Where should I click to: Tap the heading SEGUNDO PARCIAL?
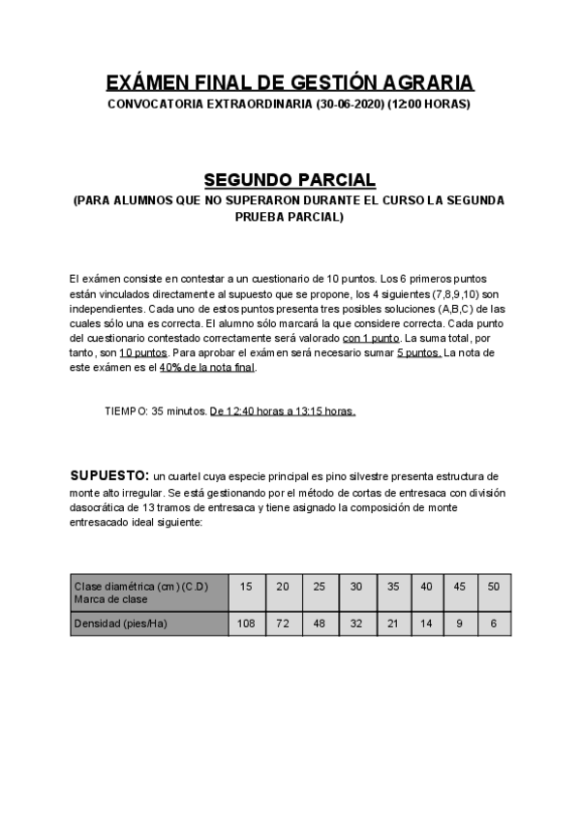(x=290, y=180)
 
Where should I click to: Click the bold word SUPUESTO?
(x=109, y=476)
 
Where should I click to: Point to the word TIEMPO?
(x=125, y=410)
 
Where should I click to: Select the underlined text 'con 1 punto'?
(x=371, y=338)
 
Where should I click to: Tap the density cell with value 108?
(x=246, y=623)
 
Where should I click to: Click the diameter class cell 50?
(x=494, y=587)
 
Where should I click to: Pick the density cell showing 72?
(x=283, y=623)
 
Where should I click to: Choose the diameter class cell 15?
(x=246, y=587)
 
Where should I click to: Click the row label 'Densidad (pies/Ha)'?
(x=121, y=623)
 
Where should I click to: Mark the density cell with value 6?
(x=494, y=623)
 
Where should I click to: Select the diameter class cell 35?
(x=393, y=587)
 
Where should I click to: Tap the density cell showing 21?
(x=393, y=623)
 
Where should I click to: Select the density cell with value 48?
(x=320, y=623)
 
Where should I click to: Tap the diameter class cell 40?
(x=427, y=587)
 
